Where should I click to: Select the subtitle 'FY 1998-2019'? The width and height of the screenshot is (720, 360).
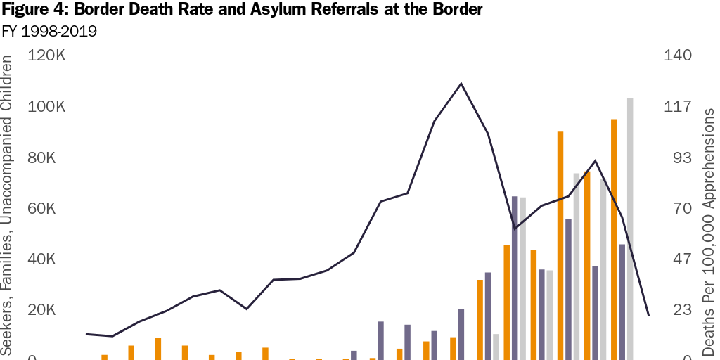[x=49, y=32]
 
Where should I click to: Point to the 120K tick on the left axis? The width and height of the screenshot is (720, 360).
[x=46, y=56]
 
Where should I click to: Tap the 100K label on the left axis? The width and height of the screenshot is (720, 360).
[x=46, y=107]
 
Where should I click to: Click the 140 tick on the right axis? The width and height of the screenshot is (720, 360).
[x=678, y=56]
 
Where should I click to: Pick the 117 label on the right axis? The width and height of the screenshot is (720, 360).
[x=677, y=107]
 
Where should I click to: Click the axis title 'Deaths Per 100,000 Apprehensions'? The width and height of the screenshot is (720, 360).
[x=709, y=232]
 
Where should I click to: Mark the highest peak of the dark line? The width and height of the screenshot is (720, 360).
[x=461, y=83]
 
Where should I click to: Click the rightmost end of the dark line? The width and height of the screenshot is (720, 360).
[x=648, y=316]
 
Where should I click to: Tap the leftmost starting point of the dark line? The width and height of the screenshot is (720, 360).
[x=86, y=334]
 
